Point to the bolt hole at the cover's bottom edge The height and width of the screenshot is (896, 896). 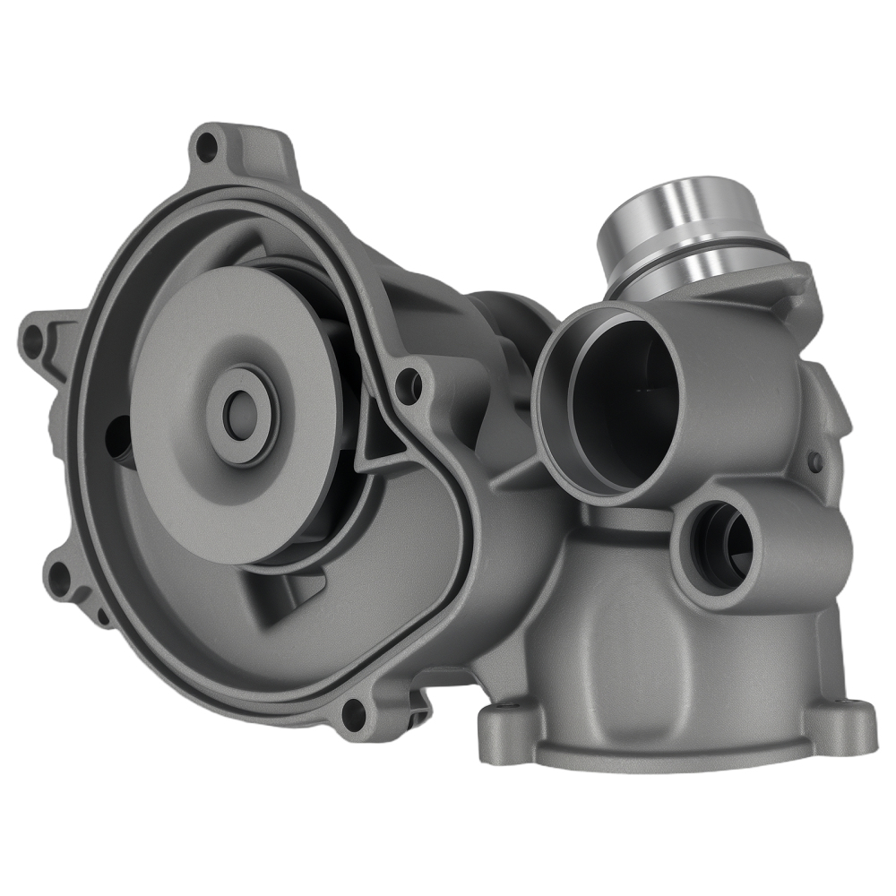click(354, 713)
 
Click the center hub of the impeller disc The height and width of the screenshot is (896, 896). click(239, 413)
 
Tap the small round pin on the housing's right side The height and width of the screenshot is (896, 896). click(815, 461)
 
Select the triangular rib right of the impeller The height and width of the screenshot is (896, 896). click(372, 439)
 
